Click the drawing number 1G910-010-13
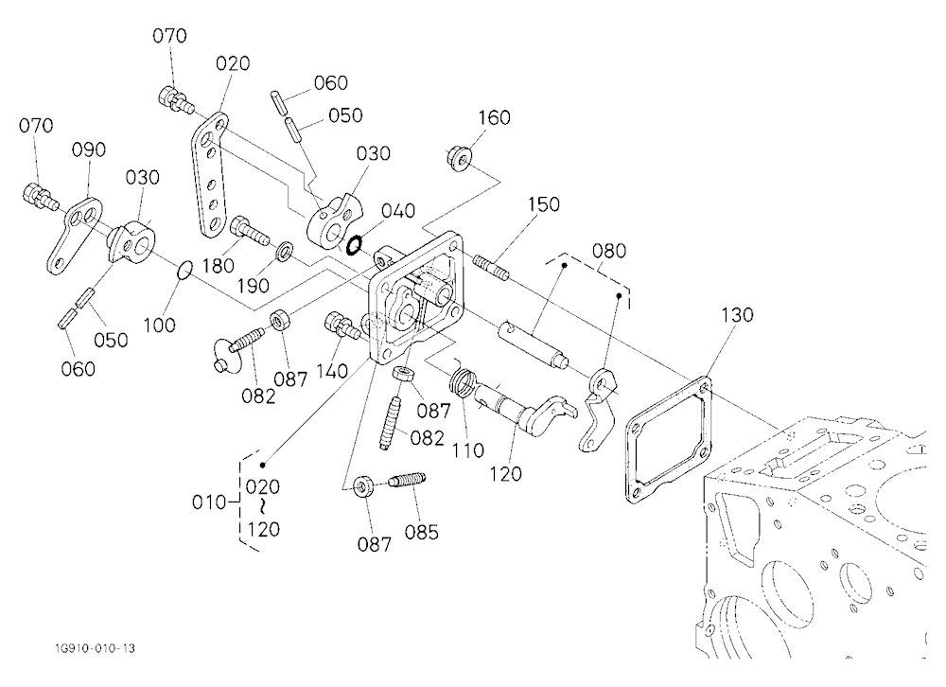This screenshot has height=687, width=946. click(93, 648)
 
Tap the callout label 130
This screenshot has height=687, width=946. click(737, 314)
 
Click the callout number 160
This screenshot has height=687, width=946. click(494, 117)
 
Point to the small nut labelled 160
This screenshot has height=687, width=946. click(459, 158)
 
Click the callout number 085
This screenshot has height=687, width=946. click(421, 532)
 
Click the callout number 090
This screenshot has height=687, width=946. click(89, 150)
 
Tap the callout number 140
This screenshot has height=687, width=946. click(331, 371)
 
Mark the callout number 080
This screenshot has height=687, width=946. click(608, 250)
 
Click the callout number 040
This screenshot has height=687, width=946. click(398, 210)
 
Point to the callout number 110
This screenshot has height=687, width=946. click(467, 449)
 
